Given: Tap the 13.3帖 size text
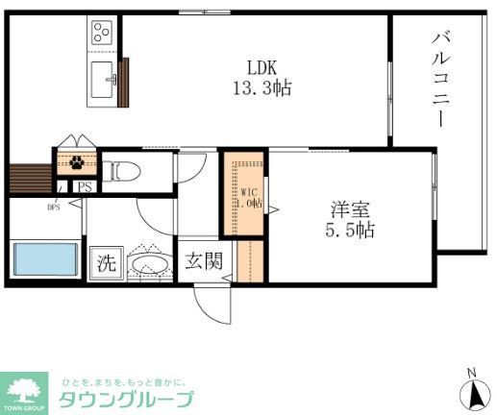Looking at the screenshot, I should tap(261, 87).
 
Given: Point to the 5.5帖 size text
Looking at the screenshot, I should tap(347, 231).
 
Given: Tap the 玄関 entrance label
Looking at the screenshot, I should tap(202, 259).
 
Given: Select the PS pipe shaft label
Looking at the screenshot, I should tap(86, 187).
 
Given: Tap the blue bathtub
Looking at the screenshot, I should tap(44, 259).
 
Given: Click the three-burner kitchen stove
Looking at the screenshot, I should tap(102, 34).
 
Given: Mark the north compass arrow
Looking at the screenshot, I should tap(471, 392).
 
